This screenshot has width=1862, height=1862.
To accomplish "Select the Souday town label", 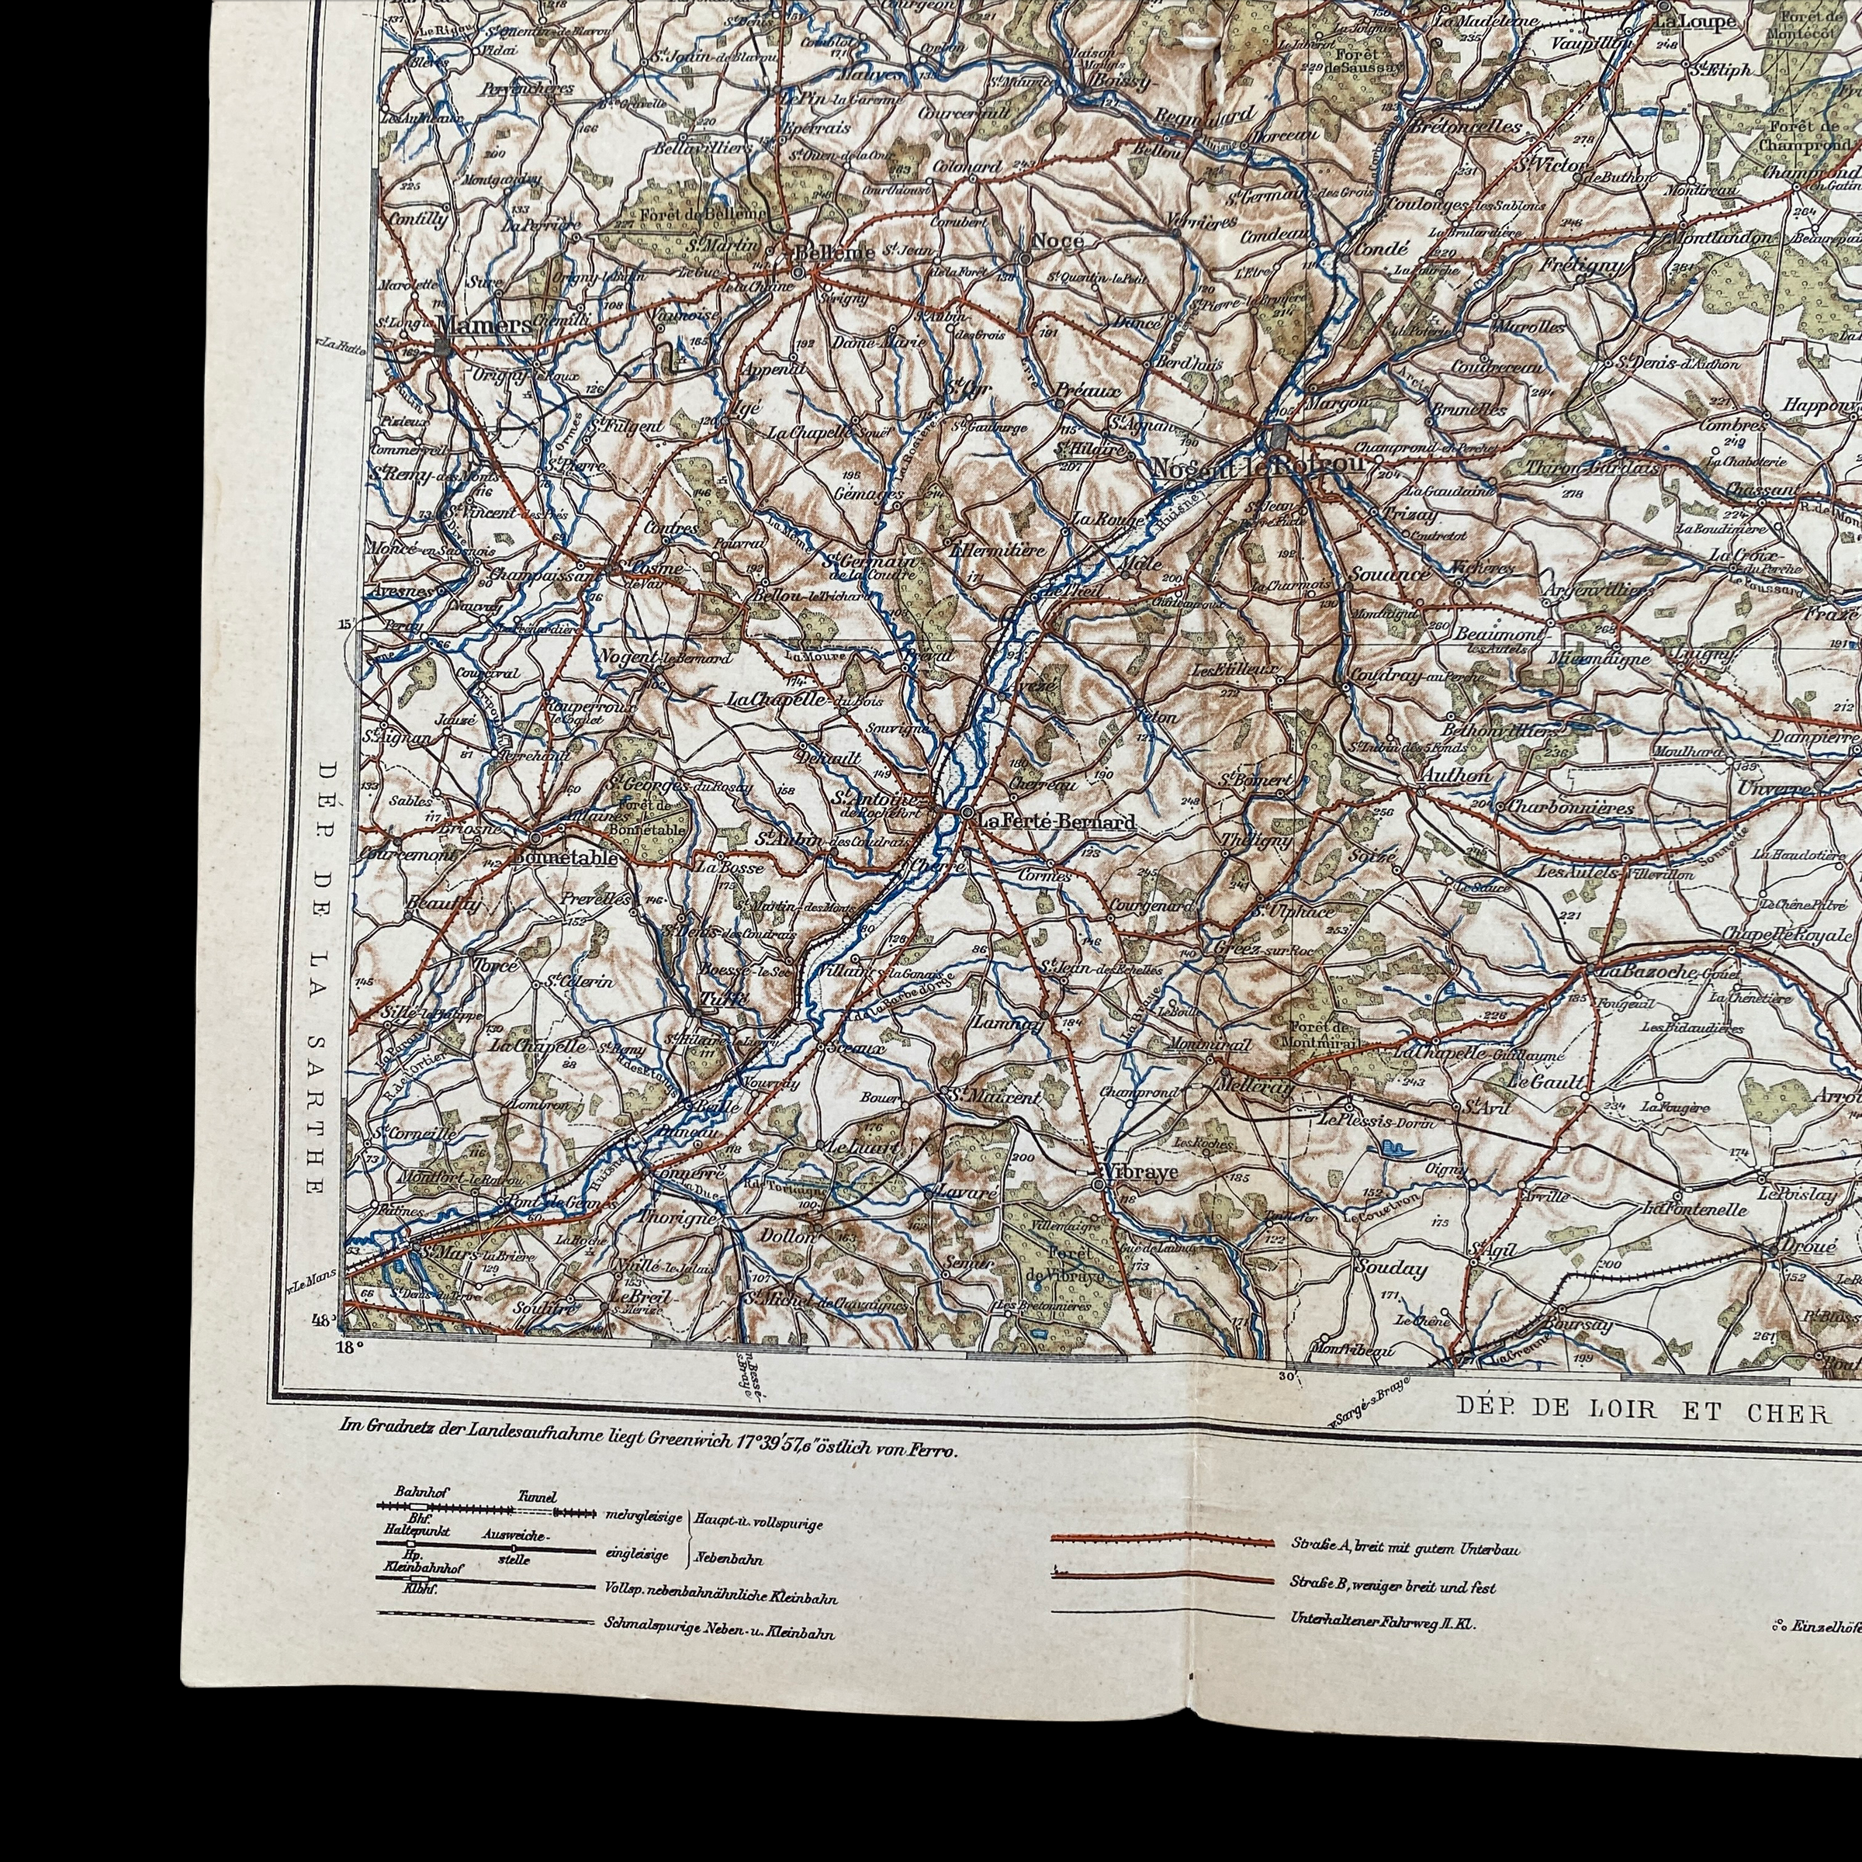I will [1391, 1268].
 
